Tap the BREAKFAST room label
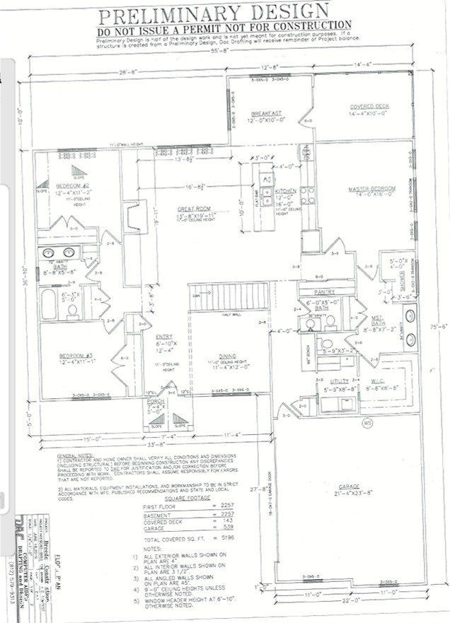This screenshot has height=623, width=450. (x=267, y=113)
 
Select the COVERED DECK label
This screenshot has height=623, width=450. (x=369, y=106)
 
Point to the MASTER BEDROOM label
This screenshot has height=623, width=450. (x=370, y=190)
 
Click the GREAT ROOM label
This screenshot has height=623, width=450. (x=194, y=209)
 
